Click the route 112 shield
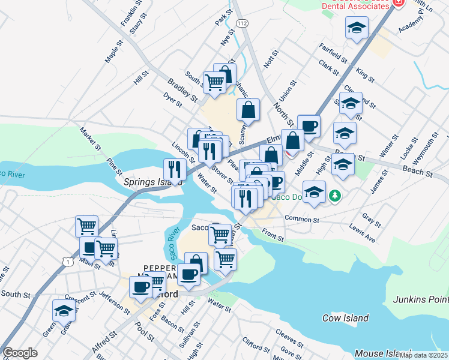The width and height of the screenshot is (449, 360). coord(242,23)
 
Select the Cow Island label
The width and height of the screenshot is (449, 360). coord(344,318)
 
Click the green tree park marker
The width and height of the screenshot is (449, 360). coord(335,196)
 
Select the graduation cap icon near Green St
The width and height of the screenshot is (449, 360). coord(64,311)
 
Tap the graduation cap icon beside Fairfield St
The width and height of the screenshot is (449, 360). coord(357,28)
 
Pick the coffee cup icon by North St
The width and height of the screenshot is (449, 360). coord(309,125)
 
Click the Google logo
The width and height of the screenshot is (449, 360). coord(20,353)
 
